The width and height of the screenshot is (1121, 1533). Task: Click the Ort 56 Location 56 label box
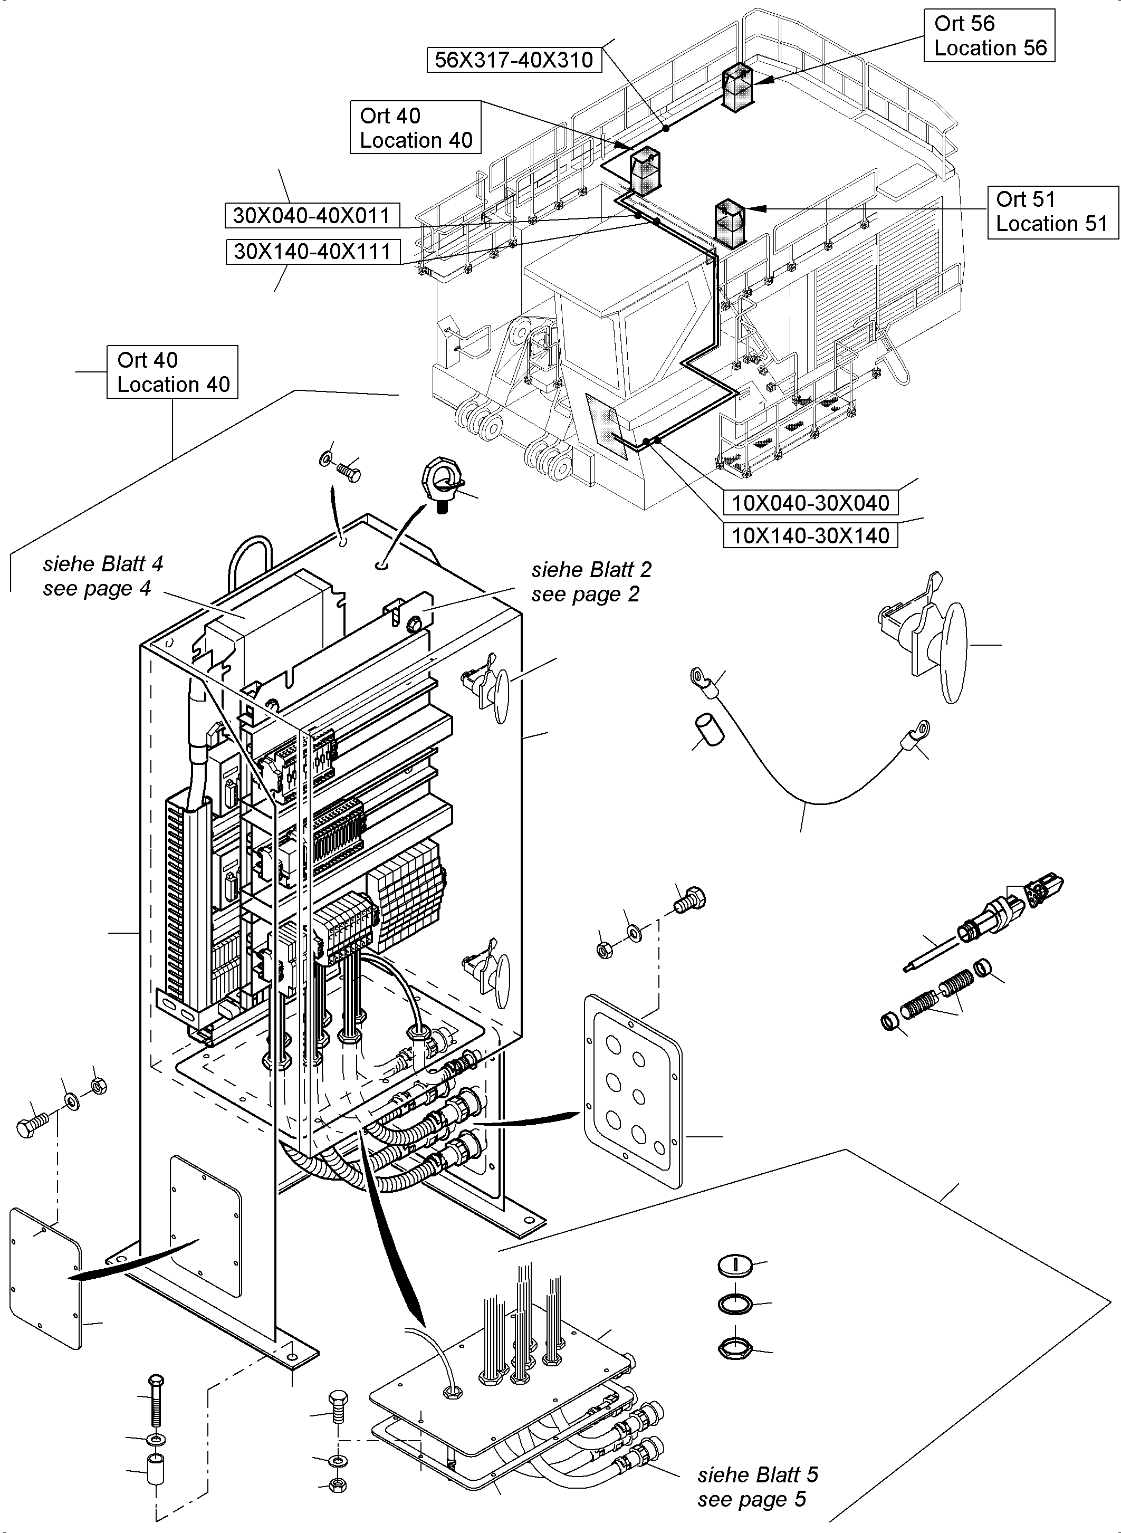tap(989, 35)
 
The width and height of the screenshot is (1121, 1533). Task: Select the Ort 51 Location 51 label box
tap(1052, 212)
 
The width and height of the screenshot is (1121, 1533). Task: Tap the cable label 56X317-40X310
tap(514, 60)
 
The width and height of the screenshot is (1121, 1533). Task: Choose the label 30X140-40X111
tap(313, 252)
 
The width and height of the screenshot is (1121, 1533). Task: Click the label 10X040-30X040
tap(810, 503)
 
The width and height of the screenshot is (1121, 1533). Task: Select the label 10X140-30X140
tap(810, 535)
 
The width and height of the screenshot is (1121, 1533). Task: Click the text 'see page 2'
tap(585, 595)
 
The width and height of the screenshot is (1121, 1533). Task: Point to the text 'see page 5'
tap(751, 1498)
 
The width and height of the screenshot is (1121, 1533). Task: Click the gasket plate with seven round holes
tap(633, 1090)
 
